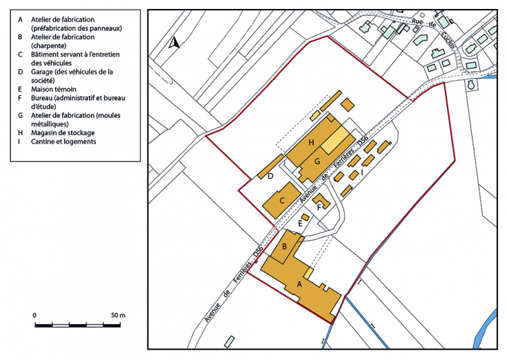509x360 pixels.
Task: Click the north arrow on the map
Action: tap(174, 43)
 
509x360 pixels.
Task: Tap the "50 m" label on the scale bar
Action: tap(118, 315)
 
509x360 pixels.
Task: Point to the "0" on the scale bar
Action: tap(34, 315)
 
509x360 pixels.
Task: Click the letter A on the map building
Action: tap(299, 283)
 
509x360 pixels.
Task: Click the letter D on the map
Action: tap(271, 177)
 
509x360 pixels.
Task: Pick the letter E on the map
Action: tap(300, 223)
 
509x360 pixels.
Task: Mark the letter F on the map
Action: tap(319, 206)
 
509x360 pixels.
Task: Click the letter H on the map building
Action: tap(312, 143)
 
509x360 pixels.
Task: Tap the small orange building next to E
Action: tap(305, 217)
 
